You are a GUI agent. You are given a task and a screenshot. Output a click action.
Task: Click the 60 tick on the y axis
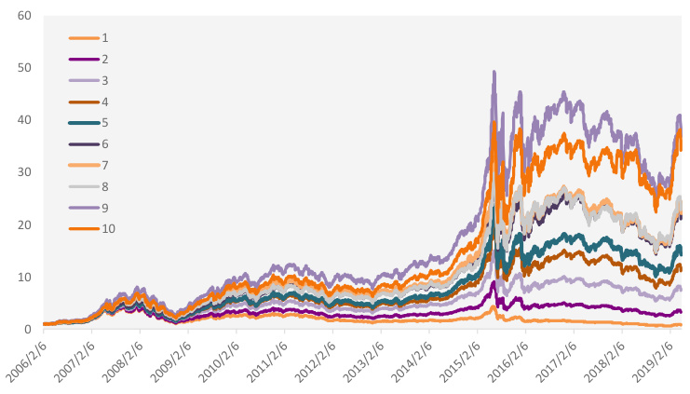24,17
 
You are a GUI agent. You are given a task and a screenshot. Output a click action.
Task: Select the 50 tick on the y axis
24,69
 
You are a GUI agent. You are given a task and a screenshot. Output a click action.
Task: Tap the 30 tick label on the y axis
24,173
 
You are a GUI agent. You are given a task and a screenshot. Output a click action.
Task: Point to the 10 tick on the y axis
24,278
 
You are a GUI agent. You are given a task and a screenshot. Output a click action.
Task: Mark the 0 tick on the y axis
28,330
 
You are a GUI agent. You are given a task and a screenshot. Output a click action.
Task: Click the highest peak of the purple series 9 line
494,72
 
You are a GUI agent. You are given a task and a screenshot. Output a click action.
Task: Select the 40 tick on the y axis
24,121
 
